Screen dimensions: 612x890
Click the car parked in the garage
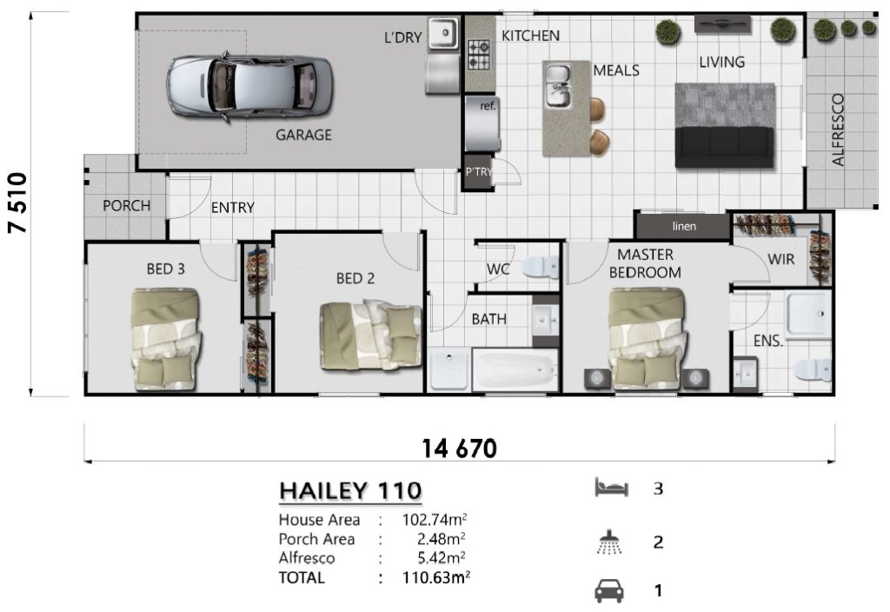(249, 87)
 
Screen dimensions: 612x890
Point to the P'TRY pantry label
(479, 172)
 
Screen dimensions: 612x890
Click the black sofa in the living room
(725, 147)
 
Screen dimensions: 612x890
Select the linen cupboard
(682, 226)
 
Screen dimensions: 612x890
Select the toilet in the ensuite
(813, 368)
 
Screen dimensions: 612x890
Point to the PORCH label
(126, 206)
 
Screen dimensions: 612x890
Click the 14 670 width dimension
(459, 449)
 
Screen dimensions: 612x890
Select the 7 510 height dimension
(17, 203)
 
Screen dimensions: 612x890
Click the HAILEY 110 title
(350, 491)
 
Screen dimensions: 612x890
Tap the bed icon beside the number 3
(611, 488)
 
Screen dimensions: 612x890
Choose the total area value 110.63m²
(435, 577)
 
